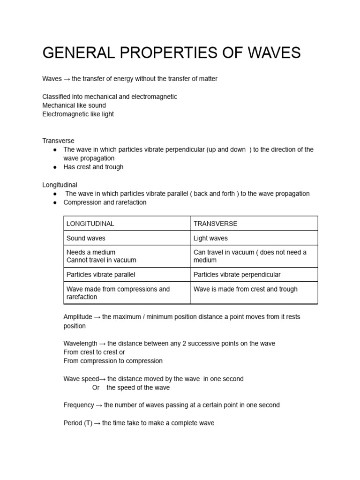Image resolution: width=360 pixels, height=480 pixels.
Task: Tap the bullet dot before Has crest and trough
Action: [x=55, y=167]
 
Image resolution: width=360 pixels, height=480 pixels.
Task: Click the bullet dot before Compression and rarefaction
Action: [x=55, y=202]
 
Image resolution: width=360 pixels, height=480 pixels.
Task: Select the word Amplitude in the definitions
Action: [x=78, y=317]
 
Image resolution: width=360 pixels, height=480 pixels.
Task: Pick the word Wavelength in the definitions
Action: [x=81, y=344]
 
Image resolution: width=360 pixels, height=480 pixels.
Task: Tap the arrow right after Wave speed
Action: [x=102, y=379]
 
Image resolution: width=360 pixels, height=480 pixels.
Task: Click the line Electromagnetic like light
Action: [x=78, y=114]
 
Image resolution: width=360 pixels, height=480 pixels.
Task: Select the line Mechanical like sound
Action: [x=74, y=105]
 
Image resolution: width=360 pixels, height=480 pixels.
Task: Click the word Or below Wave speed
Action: [x=96, y=388]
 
